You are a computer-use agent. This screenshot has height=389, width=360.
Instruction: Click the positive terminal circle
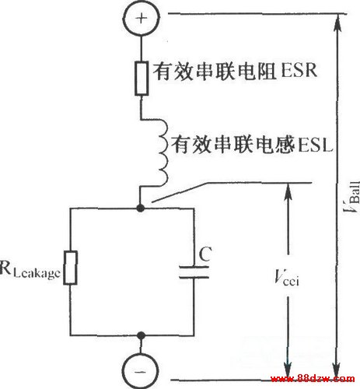tap(141, 18)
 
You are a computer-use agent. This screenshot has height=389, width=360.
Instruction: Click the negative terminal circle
tap(141, 371)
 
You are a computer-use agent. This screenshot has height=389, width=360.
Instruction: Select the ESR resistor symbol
tap(142, 79)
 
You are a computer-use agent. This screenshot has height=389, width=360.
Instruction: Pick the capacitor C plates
tap(194, 272)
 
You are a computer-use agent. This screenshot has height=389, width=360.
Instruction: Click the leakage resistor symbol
tap(70, 268)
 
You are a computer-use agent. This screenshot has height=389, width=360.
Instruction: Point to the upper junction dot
tap(140, 208)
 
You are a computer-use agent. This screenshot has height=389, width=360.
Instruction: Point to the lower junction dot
tap(141, 335)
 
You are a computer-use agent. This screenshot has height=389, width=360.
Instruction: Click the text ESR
tap(299, 70)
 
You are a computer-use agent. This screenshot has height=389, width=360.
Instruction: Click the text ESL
tap(315, 145)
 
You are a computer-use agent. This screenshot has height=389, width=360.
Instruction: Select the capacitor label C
tap(205, 254)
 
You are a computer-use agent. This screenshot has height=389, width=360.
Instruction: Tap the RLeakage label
tap(30, 270)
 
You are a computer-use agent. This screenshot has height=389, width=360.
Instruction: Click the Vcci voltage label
tap(287, 278)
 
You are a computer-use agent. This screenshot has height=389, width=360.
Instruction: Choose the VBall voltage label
tap(352, 197)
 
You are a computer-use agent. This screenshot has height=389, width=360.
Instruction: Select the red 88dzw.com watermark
tap(313, 379)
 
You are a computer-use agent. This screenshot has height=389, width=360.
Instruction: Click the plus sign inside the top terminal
tap(142, 19)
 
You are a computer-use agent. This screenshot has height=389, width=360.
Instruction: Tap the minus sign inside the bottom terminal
tap(140, 371)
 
